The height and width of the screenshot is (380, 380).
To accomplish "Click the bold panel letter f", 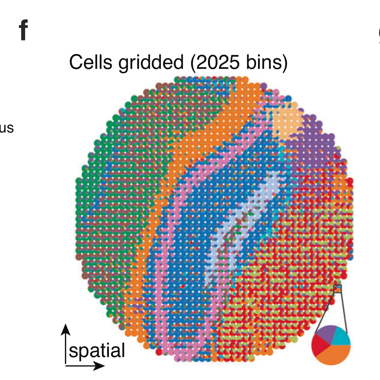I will [x=24, y=30].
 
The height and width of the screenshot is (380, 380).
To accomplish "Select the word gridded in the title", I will [x=151, y=62].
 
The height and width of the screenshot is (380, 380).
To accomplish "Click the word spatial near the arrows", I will [x=97, y=351].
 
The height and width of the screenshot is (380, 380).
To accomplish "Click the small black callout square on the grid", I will [x=337, y=288].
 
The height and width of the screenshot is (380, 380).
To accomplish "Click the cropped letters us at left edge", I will [x=7, y=128].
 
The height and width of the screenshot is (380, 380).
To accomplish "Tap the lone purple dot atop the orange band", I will [x=264, y=86].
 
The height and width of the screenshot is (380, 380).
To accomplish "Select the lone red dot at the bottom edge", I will [x=159, y=352].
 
